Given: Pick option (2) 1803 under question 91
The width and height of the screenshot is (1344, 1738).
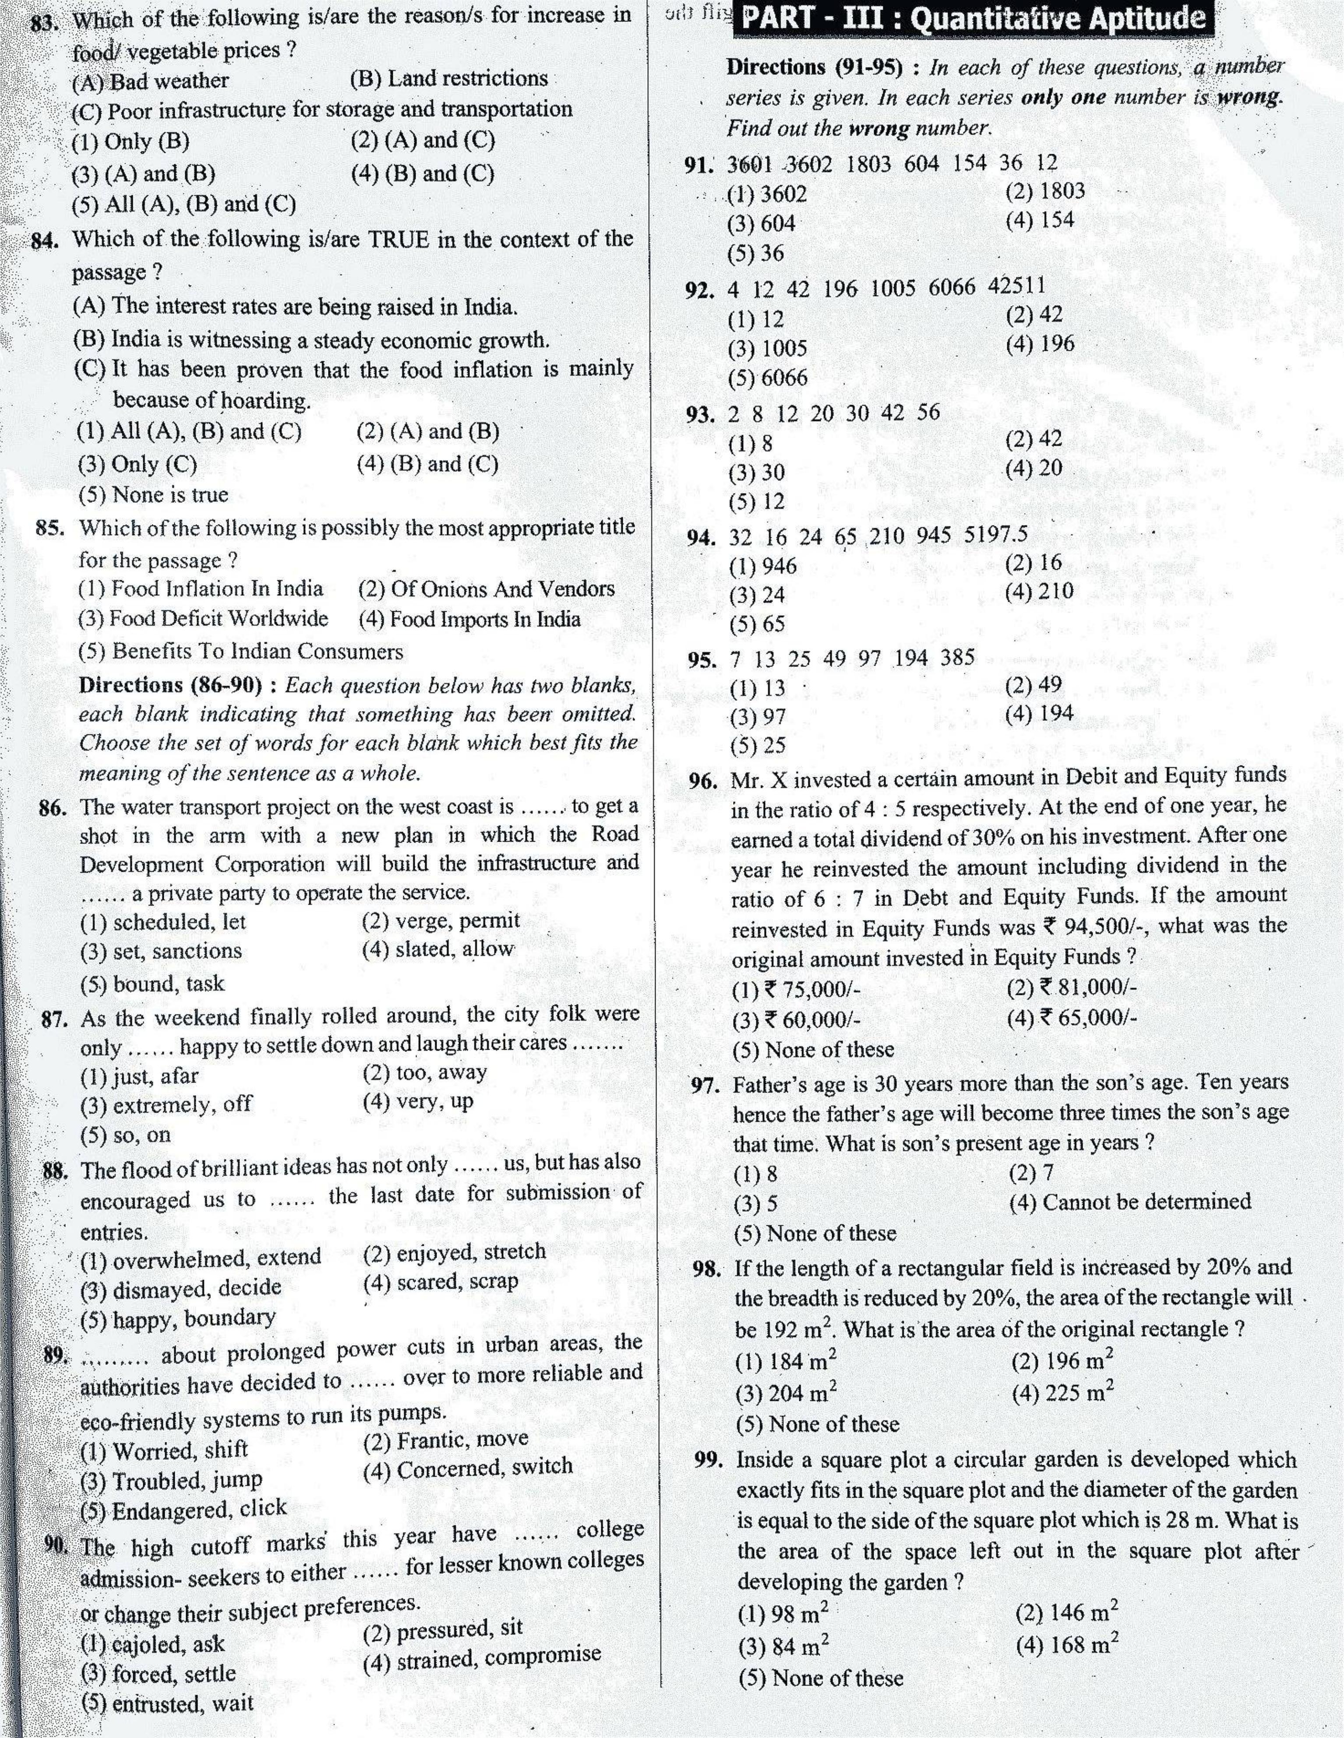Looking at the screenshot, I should coord(1045,191).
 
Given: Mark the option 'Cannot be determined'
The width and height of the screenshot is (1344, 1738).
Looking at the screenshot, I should coord(1130,1202).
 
